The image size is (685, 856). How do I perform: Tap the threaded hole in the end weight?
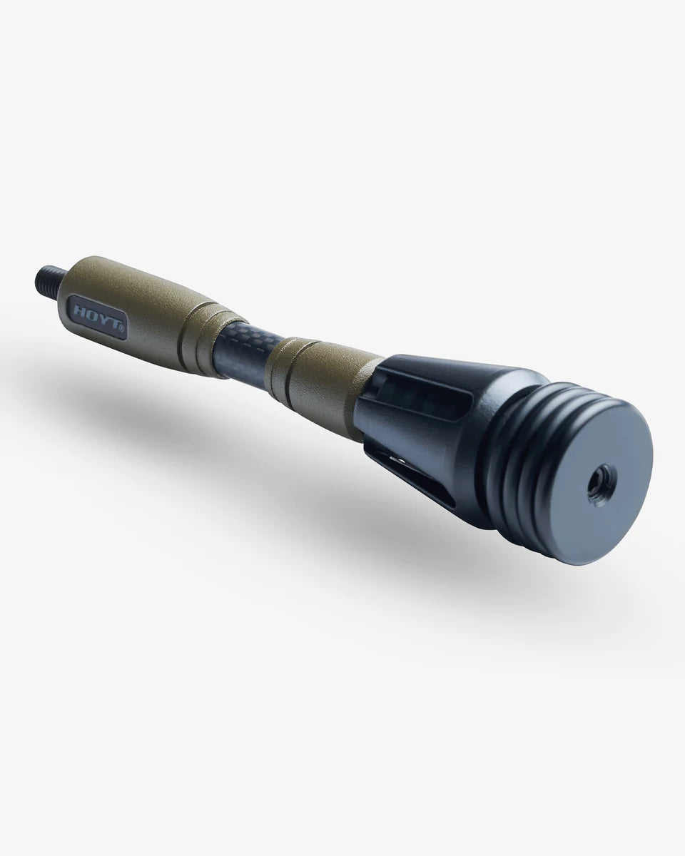pos(596,487)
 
